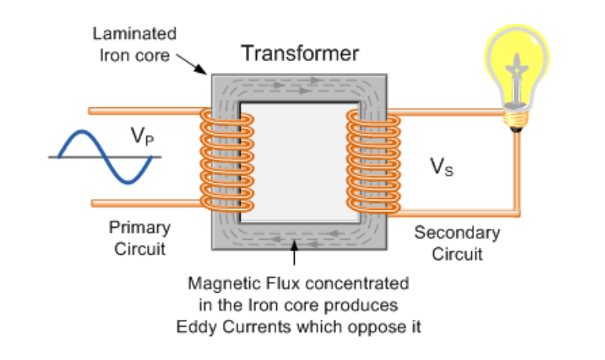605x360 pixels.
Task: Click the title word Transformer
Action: coord(300,53)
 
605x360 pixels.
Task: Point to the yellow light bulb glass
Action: coord(516,62)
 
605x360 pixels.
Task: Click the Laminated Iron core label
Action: coord(134,45)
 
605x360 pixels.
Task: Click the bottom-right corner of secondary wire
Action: coord(516,211)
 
